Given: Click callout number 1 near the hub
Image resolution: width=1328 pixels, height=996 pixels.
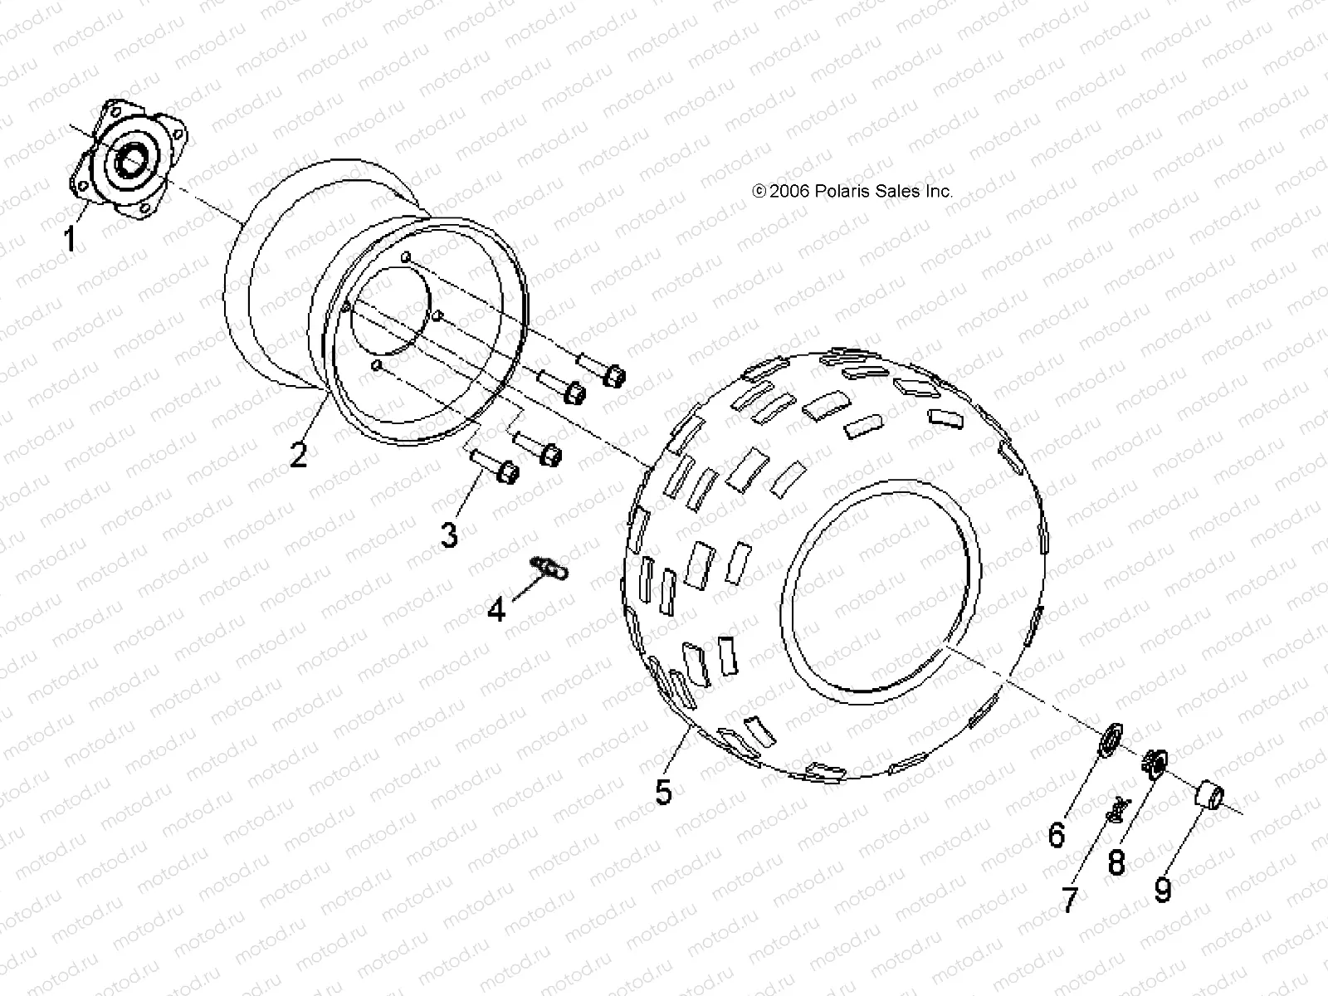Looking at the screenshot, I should pyautogui.click(x=70, y=240).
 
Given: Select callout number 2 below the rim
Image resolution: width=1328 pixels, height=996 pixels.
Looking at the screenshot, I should pyautogui.click(x=298, y=454).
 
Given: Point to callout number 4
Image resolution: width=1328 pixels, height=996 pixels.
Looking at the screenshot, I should pyautogui.click(x=496, y=610).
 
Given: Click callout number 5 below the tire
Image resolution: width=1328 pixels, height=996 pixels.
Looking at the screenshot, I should pyautogui.click(x=663, y=791).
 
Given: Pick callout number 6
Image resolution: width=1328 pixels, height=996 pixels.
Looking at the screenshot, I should pyautogui.click(x=1056, y=834).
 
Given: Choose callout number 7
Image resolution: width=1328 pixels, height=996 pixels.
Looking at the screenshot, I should pyautogui.click(x=1070, y=899).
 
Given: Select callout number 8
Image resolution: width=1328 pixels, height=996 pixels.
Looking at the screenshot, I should pyautogui.click(x=1116, y=863).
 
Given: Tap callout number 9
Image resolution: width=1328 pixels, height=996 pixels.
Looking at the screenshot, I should pyautogui.click(x=1163, y=891).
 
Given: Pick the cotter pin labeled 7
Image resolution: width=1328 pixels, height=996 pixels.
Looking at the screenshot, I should pyautogui.click(x=1118, y=809).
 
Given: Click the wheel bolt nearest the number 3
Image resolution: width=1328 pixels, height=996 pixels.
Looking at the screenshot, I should pyautogui.click(x=496, y=466).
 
